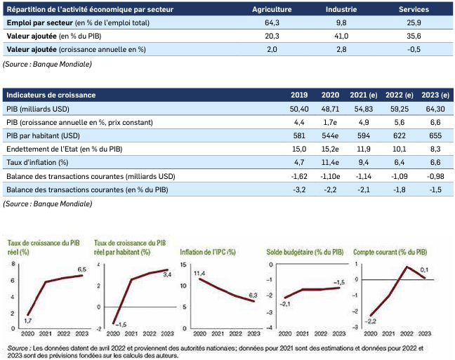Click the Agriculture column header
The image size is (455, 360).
[273, 11]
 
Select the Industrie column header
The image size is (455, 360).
[341, 11]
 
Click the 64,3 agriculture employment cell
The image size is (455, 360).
[273, 24]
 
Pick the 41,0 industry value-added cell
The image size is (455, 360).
[341, 37]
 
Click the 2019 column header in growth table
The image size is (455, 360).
[299, 95]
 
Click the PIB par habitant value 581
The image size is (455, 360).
[299, 135]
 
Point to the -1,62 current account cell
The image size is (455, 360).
[299, 176]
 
